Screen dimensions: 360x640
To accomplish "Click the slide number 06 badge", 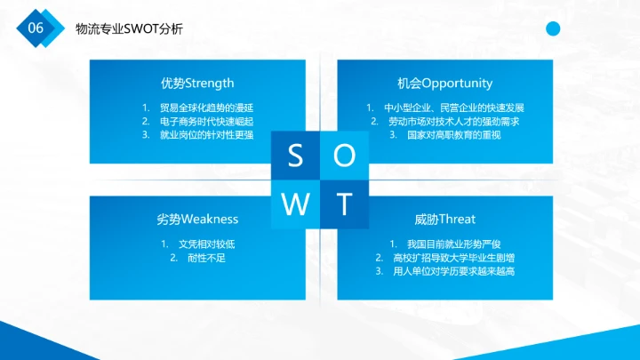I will [x=36, y=28].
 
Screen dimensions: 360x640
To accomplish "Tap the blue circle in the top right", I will [x=553, y=29].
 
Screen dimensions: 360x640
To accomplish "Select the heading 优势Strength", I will [x=197, y=84].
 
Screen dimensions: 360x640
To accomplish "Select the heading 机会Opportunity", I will [x=444, y=84].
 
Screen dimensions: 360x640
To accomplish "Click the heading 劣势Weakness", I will [x=197, y=219].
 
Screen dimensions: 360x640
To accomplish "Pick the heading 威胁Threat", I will [x=444, y=219].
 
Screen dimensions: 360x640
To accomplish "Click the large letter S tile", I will [x=295, y=156].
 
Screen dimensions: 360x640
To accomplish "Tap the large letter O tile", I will [x=345, y=156].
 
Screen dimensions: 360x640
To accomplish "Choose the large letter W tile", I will [x=295, y=204].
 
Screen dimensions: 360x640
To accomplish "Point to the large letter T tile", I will [x=345, y=204].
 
